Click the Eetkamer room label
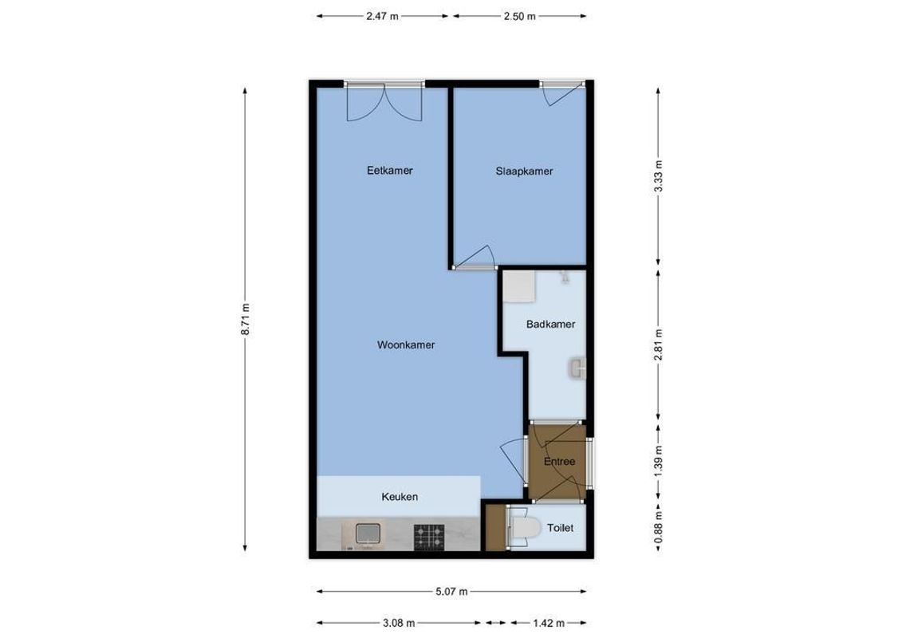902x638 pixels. click(x=389, y=171)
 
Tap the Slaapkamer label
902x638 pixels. click(x=524, y=171)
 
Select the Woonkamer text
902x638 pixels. click(x=406, y=345)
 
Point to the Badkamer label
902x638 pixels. click(x=550, y=325)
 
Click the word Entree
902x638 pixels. click(x=559, y=462)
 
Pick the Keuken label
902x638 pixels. click(x=399, y=497)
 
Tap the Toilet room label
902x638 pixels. click(x=560, y=528)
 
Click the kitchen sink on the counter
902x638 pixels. click(x=367, y=534)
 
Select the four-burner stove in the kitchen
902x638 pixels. click(x=428, y=535)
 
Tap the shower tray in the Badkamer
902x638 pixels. click(x=520, y=288)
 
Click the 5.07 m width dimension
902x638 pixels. click(x=451, y=592)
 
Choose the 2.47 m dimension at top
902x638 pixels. click(x=383, y=16)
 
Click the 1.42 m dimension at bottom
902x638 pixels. click(x=549, y=624)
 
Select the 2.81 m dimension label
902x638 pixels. click(x=658, y=345)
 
